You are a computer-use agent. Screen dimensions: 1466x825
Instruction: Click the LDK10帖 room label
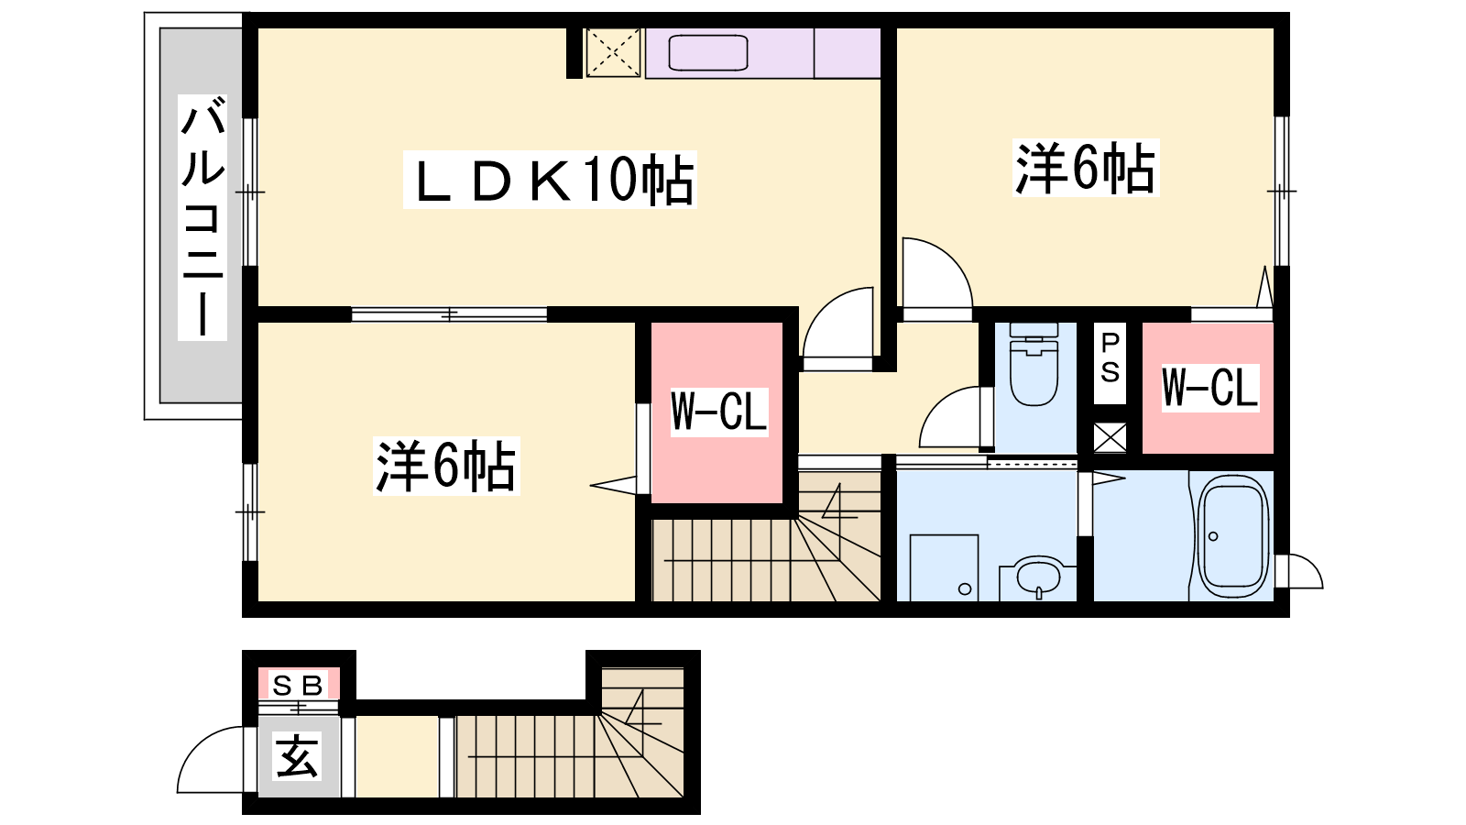(550, 180)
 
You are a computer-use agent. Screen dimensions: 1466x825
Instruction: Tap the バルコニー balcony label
(202, 217)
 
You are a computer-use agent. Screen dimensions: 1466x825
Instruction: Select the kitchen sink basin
(708, 52)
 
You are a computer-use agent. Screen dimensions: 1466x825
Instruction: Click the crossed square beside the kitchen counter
(613, 53)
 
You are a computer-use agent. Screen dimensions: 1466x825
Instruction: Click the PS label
(1110, 358)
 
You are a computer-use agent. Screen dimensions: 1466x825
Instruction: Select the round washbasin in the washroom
(1039, 577)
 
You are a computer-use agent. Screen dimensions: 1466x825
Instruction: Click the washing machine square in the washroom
(945, 567)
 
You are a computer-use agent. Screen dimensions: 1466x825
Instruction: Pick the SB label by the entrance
(299, 686)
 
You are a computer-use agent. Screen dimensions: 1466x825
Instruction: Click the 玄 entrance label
(298, 756)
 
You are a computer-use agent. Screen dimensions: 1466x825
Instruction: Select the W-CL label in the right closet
(1210, 388)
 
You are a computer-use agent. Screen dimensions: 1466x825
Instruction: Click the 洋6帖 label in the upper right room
(1085, 168)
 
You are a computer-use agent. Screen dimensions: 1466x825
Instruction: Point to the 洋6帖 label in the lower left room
(446, 467)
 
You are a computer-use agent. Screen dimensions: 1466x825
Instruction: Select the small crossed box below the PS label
(1110, 437)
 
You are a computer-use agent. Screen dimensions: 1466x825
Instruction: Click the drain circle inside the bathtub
(1213, 537)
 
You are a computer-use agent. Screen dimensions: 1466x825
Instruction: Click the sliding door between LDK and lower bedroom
(449, 315)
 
